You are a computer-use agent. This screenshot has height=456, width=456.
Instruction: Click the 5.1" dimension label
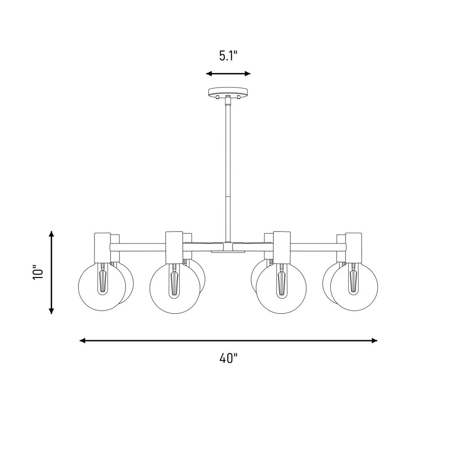click(228, 56)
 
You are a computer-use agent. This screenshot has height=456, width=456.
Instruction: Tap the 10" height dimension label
click(38, 272)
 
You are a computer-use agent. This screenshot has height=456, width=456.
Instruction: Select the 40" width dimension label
click(228, 358)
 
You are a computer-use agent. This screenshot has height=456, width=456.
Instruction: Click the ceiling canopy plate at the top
click(228, 92)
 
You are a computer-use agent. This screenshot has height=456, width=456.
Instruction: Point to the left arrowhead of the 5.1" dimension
click(209, 73)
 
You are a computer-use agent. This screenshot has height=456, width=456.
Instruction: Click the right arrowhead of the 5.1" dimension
click(247, 73)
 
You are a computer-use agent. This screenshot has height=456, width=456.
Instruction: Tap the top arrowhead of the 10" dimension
click(52, 234)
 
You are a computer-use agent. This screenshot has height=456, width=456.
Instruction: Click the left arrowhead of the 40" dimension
click(83, 341)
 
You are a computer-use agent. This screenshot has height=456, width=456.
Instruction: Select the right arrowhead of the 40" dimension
click(374, 341)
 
